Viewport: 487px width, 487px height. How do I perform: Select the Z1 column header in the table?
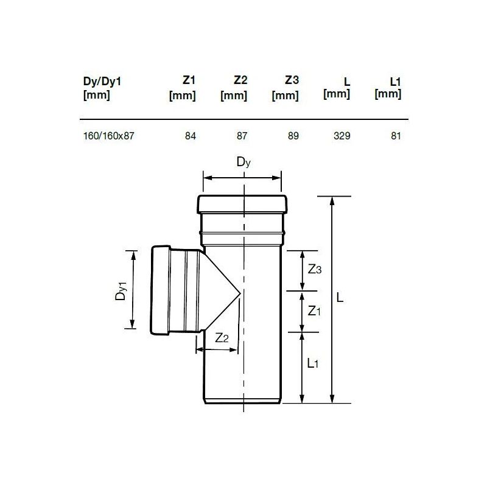tap(183, 87)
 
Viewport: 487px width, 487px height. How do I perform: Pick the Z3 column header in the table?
tap(286, 87)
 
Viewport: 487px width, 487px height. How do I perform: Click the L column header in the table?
tap(338, 87)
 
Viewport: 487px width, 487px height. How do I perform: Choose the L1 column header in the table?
tap(388, 87)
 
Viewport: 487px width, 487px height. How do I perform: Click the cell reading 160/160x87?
tap(108, 136)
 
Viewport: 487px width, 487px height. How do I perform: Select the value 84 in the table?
tap(190, 136)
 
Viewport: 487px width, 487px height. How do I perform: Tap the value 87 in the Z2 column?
tap(242, 136)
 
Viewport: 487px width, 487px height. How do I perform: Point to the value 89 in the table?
tap(293, 136)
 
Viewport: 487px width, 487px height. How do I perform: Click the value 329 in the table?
tap(342, 136)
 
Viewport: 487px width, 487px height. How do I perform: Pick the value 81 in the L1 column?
tap(396, 136)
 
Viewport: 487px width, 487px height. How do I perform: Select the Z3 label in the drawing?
tap(314, 270)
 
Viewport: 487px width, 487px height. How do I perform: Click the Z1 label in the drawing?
tap(314, 311)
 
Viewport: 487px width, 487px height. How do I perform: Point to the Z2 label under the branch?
tap(222, 338)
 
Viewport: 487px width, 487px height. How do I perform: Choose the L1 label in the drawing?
tap(312, 363)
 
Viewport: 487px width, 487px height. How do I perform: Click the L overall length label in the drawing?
tap(341, 298)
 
